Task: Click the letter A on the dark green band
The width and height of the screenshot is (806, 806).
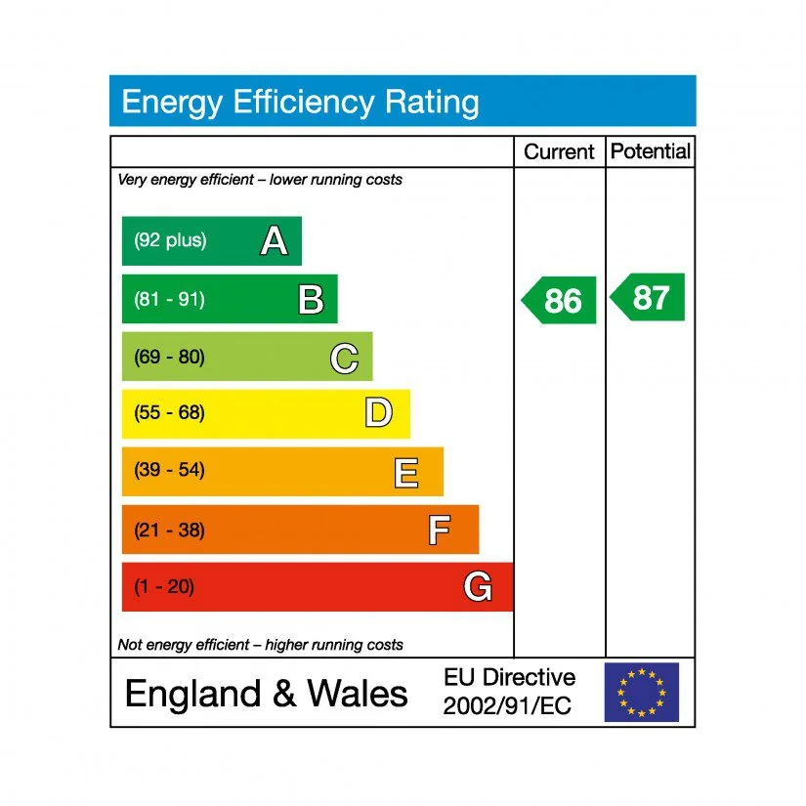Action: coord(275,241)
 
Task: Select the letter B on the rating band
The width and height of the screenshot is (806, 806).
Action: coord(311,300)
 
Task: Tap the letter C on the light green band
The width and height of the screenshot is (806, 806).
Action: coord(344,359)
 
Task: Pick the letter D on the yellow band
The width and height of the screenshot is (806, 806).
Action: coord(379,414)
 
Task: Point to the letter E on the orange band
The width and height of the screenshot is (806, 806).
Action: coord(406,473)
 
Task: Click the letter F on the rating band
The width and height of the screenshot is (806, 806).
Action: coord(439,530)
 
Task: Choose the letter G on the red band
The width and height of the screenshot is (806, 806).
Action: coord(477,587)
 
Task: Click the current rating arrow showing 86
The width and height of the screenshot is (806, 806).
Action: coord(560,300)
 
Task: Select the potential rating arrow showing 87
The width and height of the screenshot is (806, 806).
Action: coord(649,297)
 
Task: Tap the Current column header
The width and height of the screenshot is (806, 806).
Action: coord(559,152)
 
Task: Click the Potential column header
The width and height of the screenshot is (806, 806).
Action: coord(650,151)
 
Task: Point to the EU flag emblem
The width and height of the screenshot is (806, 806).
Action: coord(641,692)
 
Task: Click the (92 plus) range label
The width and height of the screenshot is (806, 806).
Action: coord(171,240)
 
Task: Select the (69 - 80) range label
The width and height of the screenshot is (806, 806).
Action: coord(170,357)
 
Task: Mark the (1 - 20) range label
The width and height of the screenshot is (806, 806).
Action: coord(164,587)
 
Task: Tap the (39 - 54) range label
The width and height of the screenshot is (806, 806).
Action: coord(170,471)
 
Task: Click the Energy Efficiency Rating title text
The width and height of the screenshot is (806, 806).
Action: coord(300,102)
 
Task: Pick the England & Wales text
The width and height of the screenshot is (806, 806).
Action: coord(267,694)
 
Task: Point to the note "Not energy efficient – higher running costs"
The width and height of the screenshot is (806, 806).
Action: coord(260,645)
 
